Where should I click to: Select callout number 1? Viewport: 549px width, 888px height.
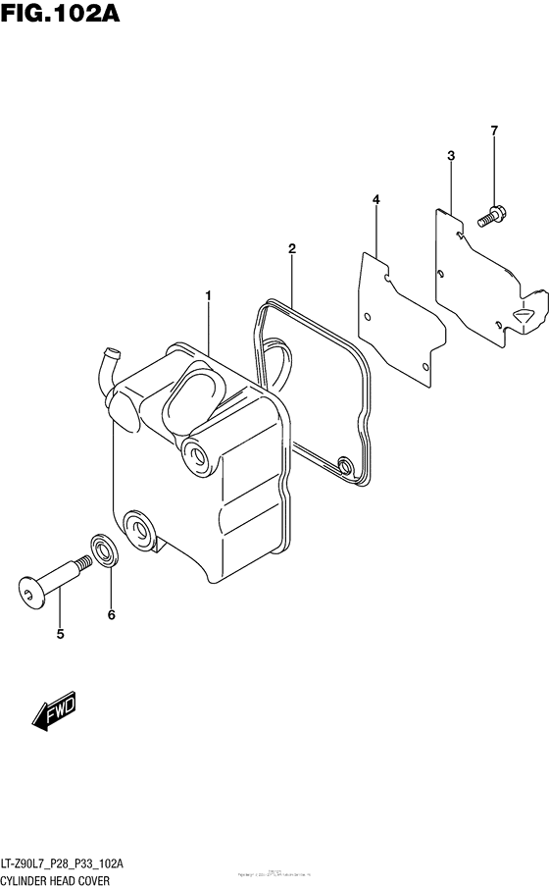point(208,294)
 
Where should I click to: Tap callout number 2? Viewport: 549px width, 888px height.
point(291,248)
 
